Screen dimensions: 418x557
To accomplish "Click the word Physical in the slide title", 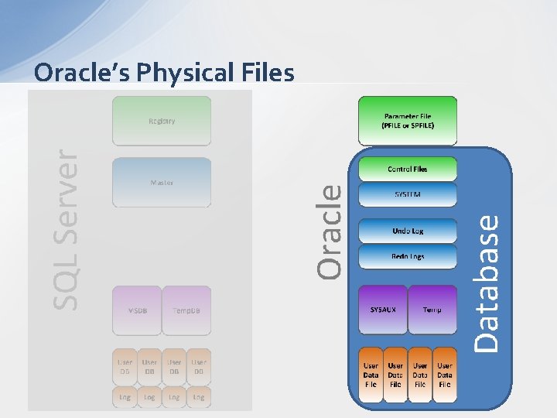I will (186, 73).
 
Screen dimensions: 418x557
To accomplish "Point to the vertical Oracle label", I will (330, 230).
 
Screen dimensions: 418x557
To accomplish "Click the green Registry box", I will (162, 121).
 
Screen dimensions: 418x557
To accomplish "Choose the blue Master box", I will (162, 183).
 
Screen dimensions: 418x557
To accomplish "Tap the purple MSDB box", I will (137, 310).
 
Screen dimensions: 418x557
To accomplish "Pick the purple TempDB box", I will (186, 310).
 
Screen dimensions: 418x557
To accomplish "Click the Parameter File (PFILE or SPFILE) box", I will (408, 121).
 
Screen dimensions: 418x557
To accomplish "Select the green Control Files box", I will (408, 169).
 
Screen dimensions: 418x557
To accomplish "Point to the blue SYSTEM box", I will (408, 195).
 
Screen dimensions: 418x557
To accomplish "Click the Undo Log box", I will (408, 231).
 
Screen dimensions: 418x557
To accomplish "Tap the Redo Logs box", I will (408, 256).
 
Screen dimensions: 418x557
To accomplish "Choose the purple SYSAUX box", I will (383, 310).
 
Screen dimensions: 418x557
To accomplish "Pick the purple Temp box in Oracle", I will (432, 310).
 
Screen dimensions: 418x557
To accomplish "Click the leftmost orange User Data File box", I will (371, 375).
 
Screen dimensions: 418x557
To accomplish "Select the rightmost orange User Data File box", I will (445, 375).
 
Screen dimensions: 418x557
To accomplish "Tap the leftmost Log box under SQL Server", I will (125, 396).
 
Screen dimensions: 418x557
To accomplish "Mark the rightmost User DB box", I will (199, 367).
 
